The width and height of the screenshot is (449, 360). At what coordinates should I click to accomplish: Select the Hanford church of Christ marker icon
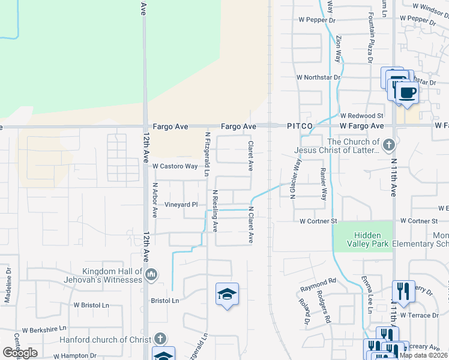coord(160,338)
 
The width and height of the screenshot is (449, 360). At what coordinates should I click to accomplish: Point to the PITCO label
coord(300,127)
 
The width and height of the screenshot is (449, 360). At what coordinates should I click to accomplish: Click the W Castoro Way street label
coord(175,166)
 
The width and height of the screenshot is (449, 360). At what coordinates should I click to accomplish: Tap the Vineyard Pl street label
coord(181,205)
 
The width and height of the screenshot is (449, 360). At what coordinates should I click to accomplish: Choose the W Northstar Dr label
coord(318,77)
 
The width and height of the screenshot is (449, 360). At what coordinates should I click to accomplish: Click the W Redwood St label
coord(361,115)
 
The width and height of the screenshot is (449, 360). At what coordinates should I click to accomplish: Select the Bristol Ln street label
coord(165,300)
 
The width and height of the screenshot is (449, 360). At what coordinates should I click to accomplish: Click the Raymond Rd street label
coord(319,281)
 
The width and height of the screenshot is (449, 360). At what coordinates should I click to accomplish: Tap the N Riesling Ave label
coord(214,211)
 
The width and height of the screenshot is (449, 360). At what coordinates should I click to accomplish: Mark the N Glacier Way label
coord(295,179)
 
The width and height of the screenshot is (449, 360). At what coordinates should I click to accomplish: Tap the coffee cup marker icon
coord(407,93)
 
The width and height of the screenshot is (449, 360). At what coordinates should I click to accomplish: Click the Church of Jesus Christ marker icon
coord(389,145)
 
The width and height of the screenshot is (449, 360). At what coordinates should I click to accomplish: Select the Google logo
coord(20,353)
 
